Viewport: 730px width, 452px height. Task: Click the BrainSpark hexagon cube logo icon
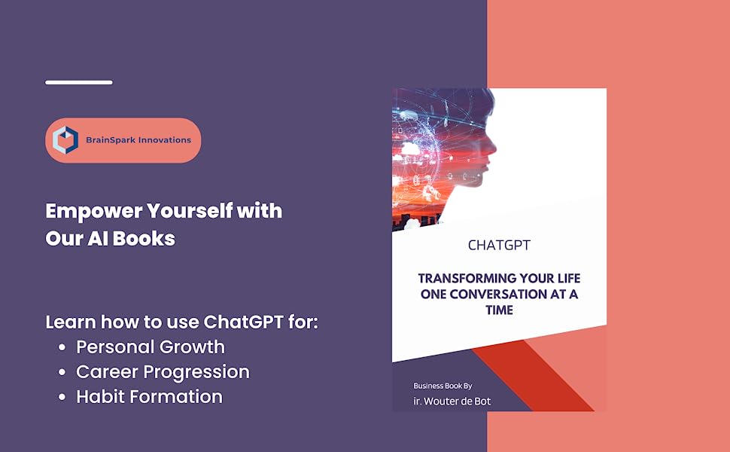point(66,140)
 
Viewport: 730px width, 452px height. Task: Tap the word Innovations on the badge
point(165,140)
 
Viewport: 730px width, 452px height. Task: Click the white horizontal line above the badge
point(79,82)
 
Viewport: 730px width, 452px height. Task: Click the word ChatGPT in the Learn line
point(242,322)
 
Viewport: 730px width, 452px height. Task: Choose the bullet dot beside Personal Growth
point(62,348)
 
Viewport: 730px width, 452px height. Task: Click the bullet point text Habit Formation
point(149,397)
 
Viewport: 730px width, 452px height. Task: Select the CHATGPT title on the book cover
point(499,246)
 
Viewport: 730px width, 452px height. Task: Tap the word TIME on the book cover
point(499,310)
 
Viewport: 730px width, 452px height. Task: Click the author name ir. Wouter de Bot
point(452,401)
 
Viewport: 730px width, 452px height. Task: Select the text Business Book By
point(443,386)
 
